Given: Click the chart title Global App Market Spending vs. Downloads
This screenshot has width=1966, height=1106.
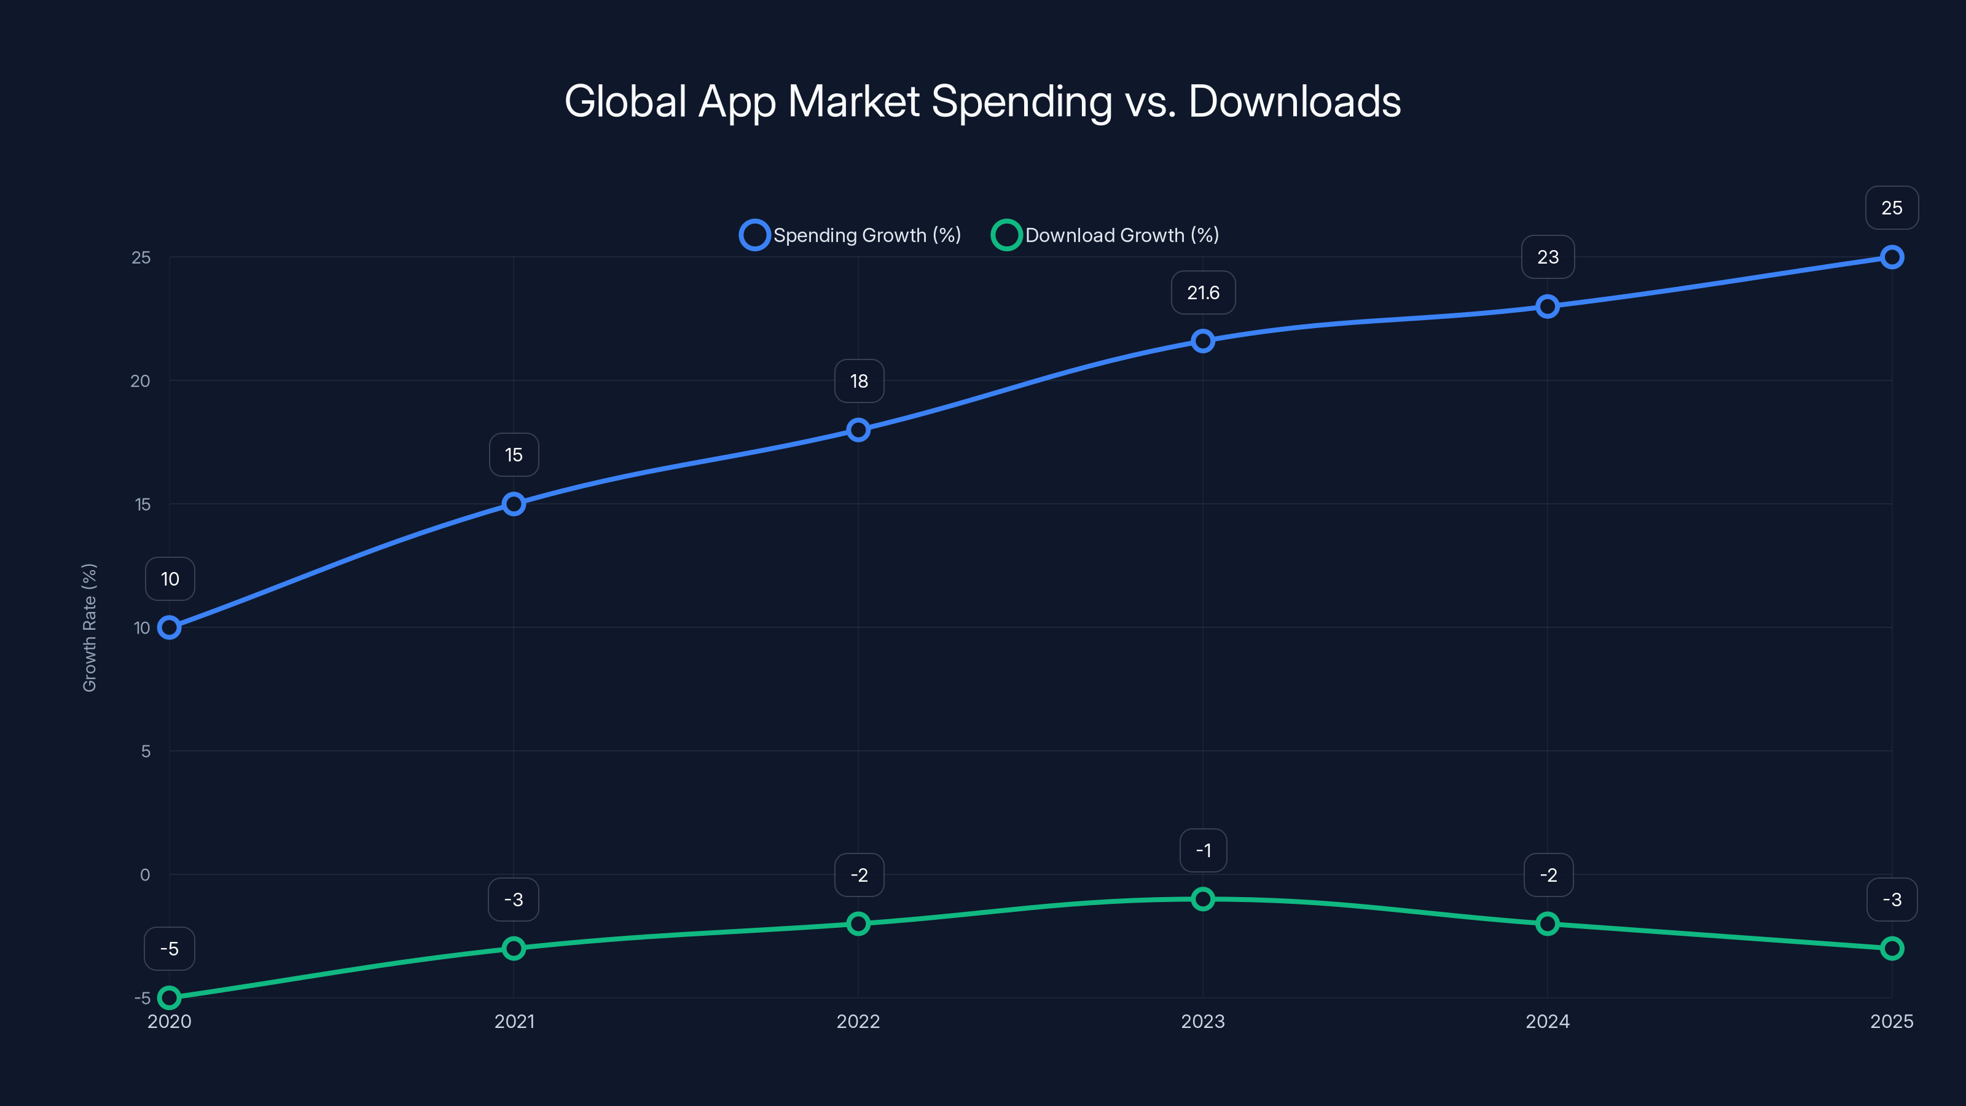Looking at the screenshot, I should [982, 101].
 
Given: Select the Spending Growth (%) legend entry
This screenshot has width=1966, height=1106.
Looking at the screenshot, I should [850, 235].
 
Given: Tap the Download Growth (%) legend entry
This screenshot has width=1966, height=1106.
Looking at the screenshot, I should [1105, 235].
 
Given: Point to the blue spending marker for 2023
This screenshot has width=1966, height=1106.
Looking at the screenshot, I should [1203, 341].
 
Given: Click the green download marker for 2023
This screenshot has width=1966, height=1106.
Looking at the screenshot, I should [1203, 899].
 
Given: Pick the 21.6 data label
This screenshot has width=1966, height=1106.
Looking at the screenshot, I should [1203, 292].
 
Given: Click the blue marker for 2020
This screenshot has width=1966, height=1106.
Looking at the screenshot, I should [170, 627].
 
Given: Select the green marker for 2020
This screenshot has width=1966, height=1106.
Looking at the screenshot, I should [170, 998].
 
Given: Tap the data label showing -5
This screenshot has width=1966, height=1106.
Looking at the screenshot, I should [170, 949].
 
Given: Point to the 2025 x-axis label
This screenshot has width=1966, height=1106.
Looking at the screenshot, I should [1891, 1021].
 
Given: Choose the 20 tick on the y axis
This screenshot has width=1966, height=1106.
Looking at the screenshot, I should [141, 381].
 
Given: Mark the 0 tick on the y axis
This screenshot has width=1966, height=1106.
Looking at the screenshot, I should [145, 875].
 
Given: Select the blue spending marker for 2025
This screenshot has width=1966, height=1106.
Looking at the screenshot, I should [1891, 257].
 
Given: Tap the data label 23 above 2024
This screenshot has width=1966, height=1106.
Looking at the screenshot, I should [1548, 257].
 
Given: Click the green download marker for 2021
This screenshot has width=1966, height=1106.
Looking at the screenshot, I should [514, 949].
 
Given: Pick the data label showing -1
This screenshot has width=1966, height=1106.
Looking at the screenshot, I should [1203, 850].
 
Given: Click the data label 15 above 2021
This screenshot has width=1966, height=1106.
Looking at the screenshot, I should [514, 455].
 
